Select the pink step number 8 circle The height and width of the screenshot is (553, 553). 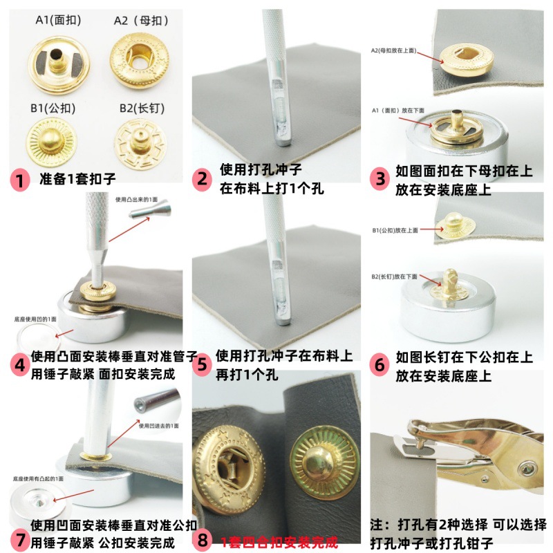coord(203,539)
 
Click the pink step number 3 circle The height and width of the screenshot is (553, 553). coord(381,179)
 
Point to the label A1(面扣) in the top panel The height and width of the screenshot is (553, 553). coord(58,20)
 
